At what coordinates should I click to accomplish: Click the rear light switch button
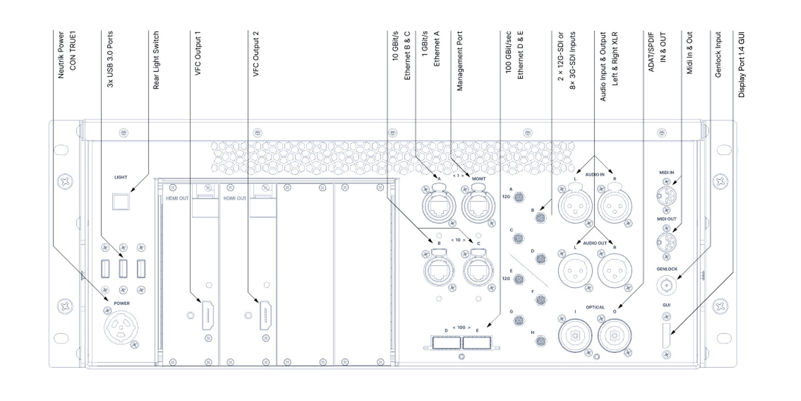click(x=121, y=202)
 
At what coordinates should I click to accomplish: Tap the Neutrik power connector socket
click(x=121, y=327)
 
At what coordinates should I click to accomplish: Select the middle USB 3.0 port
click(x=123, y=269)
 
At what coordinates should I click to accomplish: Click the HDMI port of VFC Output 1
click(x=207, y=315)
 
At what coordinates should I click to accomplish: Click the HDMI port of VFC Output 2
click(x=265, y=315)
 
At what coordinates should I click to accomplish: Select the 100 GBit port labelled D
click(x=447, y=343)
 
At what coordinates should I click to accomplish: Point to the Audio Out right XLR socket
click(x=615, y=270)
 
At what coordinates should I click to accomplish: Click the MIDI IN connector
click(x=666, y=196)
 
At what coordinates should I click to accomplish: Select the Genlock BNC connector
click(x=666, y=285)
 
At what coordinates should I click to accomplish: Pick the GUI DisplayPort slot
click(x=666, y=335)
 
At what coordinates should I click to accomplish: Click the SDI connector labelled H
click(x=541, y=341)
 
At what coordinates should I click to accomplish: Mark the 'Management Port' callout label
click(x=460, y=61)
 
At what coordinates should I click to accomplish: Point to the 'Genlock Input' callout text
click(x=718, y=54)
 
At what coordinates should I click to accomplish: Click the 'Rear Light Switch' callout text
click(x=156, y=60)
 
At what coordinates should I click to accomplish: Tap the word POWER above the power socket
click(x=122, y=304)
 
